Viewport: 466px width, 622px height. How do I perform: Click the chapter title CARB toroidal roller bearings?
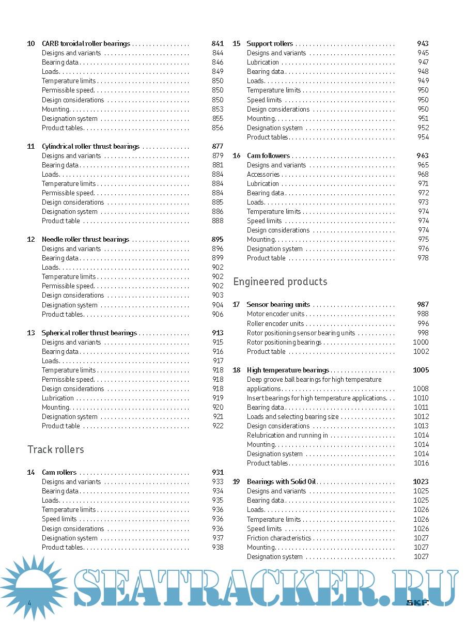86,44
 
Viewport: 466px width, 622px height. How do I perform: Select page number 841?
218,44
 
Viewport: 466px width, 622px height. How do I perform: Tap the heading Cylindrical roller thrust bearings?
90,146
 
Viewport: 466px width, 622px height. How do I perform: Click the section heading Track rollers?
56,449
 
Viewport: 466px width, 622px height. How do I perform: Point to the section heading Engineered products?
280,282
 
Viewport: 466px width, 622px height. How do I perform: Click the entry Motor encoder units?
275,314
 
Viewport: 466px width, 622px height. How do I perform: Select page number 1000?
421,342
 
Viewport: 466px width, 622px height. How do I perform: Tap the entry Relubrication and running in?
287,435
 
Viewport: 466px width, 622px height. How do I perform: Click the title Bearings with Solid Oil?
281,481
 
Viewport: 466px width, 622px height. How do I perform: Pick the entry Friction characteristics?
279,538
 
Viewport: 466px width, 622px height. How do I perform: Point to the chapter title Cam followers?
268,155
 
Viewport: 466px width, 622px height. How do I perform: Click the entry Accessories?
263,174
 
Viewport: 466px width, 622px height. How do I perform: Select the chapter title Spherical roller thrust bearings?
89,333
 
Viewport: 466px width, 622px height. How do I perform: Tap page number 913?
218,333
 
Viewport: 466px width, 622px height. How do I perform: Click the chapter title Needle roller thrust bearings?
85,239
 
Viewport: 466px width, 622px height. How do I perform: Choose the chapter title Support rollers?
270,44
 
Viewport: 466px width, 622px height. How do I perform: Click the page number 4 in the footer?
29,603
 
